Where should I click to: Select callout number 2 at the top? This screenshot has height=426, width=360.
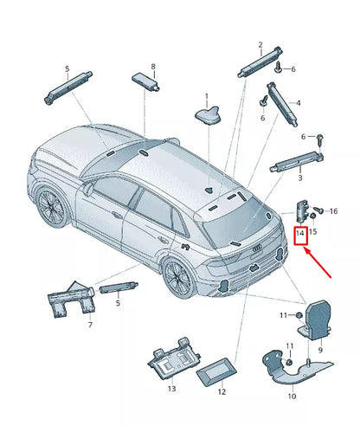tap(260, 44)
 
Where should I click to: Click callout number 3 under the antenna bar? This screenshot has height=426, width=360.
tap(299, 177)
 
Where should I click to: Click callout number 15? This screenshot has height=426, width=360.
tap(313, 231)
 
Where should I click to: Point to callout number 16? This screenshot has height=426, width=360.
tap(333, 210)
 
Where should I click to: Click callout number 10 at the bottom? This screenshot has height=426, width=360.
tap(292, 396)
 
